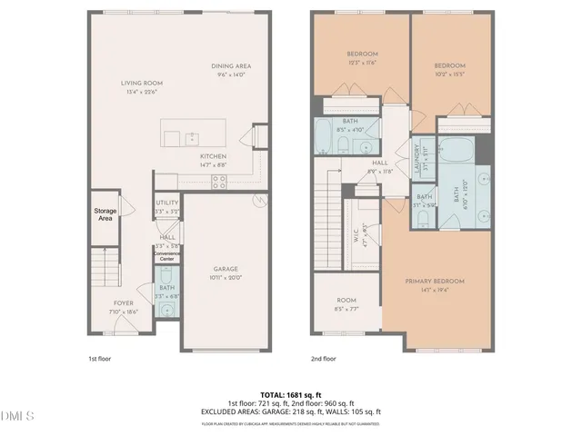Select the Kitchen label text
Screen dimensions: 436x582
tap(214, 156)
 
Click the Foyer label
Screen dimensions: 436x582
tap(123, 302)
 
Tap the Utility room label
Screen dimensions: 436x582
tap(166, 203)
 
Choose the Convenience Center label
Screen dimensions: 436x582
tap(166, 256)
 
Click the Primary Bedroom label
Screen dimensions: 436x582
tap(435, 282)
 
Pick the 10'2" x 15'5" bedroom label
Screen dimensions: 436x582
tap(449, 66)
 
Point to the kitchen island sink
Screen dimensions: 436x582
tap(192, 138)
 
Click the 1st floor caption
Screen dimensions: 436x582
tap(99, 359)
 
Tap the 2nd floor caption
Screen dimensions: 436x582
tap(324, 359)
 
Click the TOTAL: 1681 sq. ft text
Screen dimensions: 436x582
tap(291, 393)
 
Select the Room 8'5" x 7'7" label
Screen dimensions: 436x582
tap(346, 300)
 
